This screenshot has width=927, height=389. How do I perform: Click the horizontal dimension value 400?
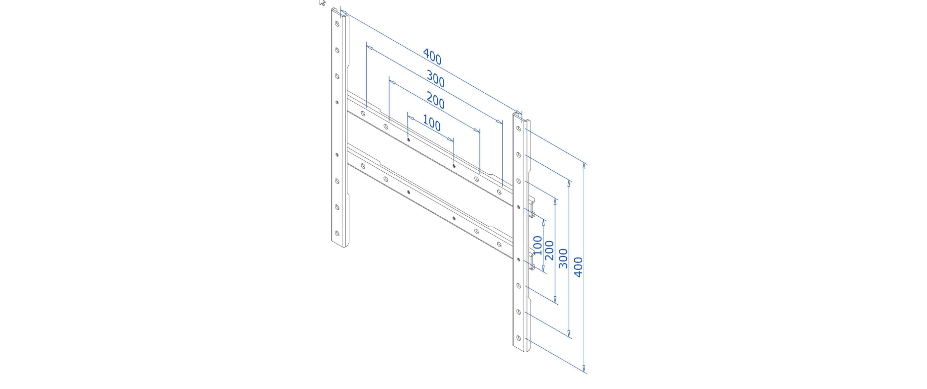(x=432, y=57)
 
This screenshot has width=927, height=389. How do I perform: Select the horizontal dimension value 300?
(x=435, y=79)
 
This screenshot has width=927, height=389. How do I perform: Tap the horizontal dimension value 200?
(x=435, y=101)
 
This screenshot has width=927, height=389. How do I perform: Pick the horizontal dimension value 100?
(x=431, y=123)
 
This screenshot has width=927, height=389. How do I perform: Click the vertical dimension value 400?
(x=578, y=267)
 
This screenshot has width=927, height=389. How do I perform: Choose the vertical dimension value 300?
(x=563, y=258)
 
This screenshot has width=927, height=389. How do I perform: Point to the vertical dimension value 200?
(x=549, y=250)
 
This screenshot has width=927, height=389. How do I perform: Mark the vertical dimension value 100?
(x=537, y=245)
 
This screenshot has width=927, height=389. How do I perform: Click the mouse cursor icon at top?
(x=322, y=3)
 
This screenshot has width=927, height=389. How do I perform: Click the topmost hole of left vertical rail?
(x=337, y=24)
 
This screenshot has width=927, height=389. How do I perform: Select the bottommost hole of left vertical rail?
(x=337, y=233)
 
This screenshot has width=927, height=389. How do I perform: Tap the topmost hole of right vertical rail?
(x=518, y=128)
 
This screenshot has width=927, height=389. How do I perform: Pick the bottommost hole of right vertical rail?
(x=518, y=338)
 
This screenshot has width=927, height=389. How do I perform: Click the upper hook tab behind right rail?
(x=532, y=207)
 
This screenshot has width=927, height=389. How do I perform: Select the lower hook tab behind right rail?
(x=532, y=260)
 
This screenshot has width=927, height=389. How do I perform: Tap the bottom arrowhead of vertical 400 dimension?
(x=584, y=369)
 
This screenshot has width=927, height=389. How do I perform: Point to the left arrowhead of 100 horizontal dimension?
(x=411, y=118)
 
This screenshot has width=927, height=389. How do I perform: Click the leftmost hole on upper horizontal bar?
(x=363, y=114)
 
